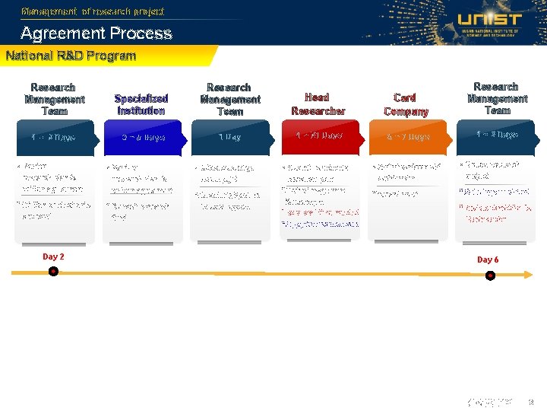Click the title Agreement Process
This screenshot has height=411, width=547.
pos(96,33)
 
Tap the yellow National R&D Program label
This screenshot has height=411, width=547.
pos(71,56)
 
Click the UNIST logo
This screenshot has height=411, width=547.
pos(489,22)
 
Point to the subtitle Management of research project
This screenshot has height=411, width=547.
pos(93,11)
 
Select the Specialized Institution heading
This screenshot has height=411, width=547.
pos(141,104)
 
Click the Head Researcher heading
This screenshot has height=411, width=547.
pos(318,104)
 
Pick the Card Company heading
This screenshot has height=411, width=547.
pos(406,104)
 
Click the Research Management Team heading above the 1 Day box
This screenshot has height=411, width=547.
pos(229,99)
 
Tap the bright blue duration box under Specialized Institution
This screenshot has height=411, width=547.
pos(142,138)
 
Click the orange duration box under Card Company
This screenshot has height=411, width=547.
pos(407,137)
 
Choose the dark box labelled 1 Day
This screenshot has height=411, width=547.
pos(229,138)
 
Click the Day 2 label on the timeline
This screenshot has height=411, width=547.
pos(53,256)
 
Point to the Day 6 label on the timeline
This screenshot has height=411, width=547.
pos(488,260)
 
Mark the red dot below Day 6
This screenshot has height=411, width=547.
pos(490,275)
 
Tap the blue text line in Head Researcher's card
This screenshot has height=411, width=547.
pos(320,224)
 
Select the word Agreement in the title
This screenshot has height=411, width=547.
pos(64,33)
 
